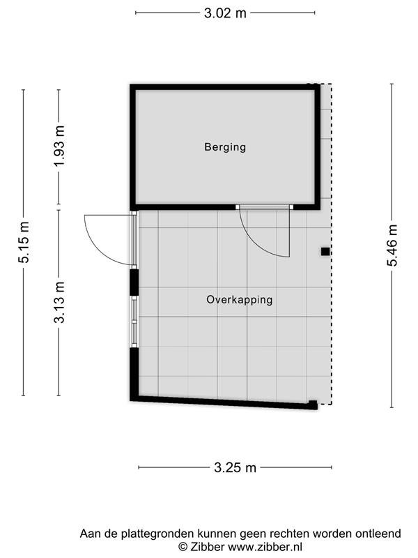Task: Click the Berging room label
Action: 225,147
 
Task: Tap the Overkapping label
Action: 240,300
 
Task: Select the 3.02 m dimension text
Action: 225,13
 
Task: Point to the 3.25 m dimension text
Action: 235,467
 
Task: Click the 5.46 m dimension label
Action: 392,246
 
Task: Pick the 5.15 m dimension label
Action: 24,242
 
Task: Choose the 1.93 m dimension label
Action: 59,146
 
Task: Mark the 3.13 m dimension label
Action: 59,303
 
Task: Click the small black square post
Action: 325,252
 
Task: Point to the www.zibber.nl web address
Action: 265,546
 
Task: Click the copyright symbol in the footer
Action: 183,547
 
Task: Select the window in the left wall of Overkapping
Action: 134,322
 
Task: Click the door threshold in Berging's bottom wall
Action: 265,206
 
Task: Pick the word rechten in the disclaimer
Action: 290,534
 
